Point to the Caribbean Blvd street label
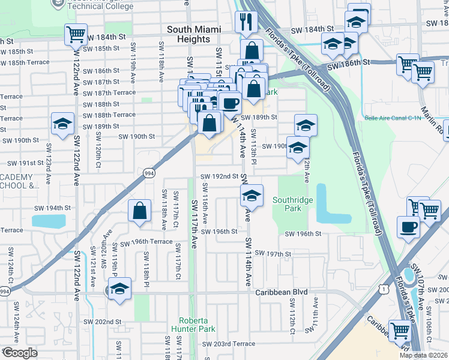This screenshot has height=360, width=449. coord(281,292)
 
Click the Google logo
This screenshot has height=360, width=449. coord(20,353)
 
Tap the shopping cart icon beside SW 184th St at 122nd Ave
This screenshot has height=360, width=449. coord(76,35)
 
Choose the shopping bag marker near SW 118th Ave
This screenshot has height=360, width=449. coord(139,211)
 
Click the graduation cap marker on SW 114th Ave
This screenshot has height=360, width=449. coord(252,195)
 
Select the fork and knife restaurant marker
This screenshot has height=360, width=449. coord(247,22)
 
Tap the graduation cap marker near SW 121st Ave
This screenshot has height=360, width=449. coord(120,289)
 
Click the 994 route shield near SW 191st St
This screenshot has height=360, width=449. coord(148,173)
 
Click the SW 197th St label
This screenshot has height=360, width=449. coord(272,254)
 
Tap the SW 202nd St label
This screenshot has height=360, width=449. coord(103,322)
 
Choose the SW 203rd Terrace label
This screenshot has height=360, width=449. coord(229,344)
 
